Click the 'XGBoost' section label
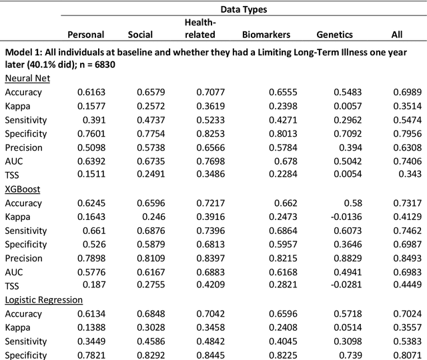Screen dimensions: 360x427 click(x=23, y=189)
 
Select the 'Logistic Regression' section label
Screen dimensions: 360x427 click(x=44, y=300)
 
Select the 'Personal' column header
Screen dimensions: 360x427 click(x=86, y=35)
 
